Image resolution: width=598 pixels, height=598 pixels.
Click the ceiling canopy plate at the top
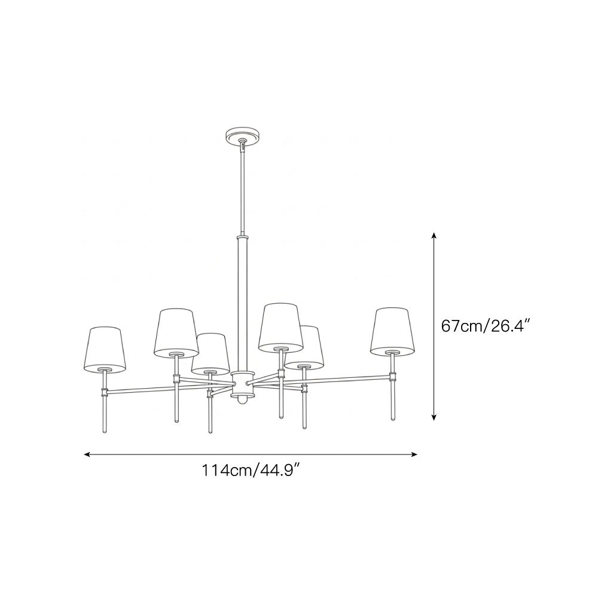[x=242, y=134]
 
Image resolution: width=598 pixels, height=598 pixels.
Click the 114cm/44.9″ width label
[x=251, y=471]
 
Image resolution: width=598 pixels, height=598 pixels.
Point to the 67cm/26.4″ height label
[x=485, y=326]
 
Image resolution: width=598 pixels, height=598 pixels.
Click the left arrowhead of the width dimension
[x=87, y=454]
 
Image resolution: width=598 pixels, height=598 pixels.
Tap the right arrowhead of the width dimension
[x=414, y=454]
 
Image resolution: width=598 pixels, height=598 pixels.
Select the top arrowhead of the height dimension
[x=435, y=236]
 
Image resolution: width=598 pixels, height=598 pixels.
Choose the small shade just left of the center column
[x=209, y=354]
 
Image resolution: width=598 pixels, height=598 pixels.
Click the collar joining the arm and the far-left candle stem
[x=105, y=392]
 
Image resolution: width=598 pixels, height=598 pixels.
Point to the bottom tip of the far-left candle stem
[x=105, y=431]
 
